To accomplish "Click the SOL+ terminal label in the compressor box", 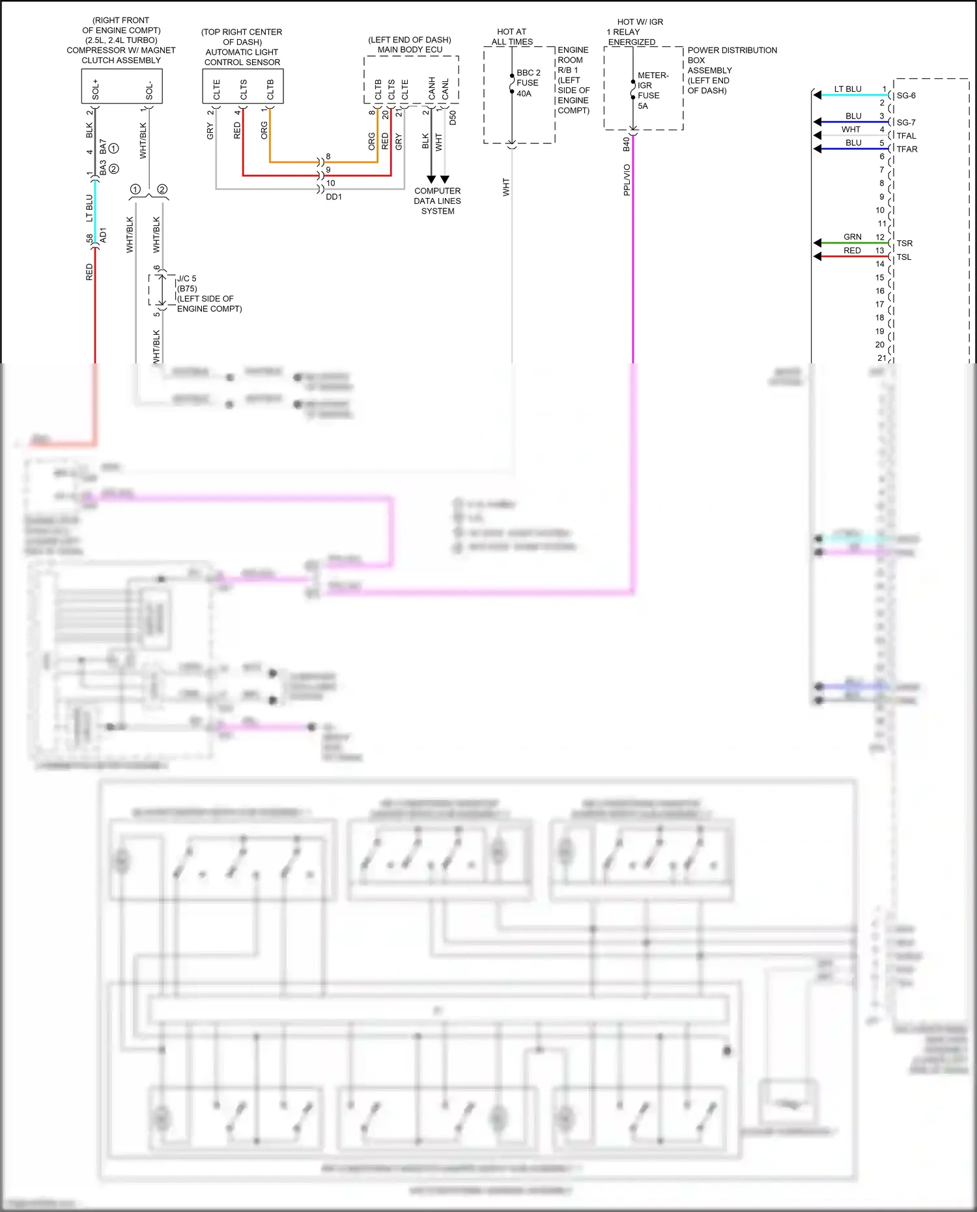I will [x=96, y=89].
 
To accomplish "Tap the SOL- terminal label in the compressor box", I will [x=149, y=91].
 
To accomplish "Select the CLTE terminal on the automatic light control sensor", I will [x=217, y=89].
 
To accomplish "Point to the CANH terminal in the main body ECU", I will [x=432, y=89].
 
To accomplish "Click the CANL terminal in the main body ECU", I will [x=446, y=89].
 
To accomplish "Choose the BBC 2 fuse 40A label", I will [x=528, y=83].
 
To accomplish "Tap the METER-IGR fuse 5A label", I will [x=652, y=91].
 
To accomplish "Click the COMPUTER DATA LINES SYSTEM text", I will [x=437, y=201].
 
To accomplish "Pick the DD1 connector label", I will [x=333, y=197].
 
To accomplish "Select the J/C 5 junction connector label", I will [x=187, y=279].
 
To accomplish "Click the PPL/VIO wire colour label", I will [x=627, y=180].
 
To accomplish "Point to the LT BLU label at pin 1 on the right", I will [x=847, y=89].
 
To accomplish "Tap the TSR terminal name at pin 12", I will [x=904, y=244].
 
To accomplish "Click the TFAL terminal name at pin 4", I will [x=906, y=136].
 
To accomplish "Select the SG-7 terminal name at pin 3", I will [x=905, y=122].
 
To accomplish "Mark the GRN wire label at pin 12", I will [x=852, y=237].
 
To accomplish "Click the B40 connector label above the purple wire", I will [x=626, y=144].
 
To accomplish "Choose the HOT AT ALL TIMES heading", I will [x=512, y=36].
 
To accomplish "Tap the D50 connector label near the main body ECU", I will [x=453, y=118].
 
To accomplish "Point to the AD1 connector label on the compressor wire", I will [x=103, y=235].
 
